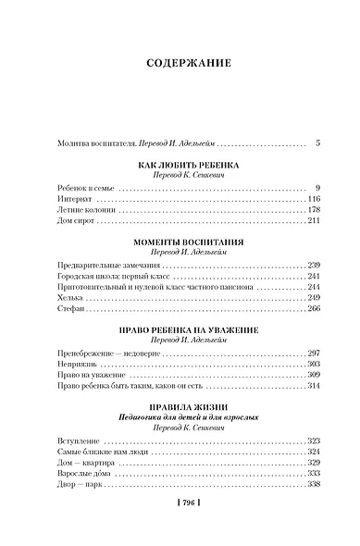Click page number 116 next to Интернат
click(x=314, y=199)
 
